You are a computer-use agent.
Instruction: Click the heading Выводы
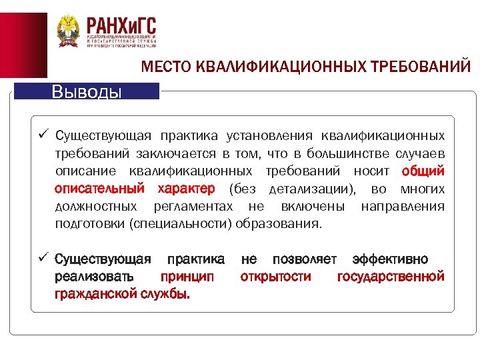point(87,91)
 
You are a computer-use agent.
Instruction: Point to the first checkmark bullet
point(42,135)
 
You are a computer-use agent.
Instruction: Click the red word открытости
point(275,276)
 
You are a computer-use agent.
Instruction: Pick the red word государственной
point(391,276)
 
